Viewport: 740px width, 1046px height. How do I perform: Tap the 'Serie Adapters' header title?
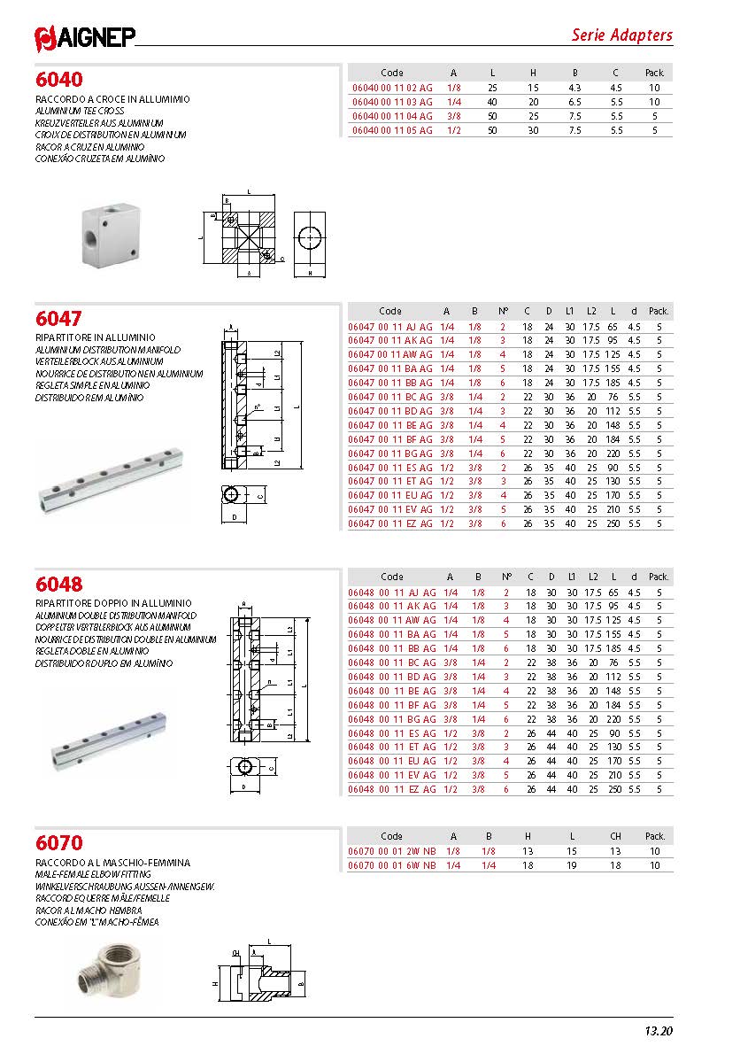(x=621, y=35)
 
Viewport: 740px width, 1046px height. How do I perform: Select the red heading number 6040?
(x=59, y=80)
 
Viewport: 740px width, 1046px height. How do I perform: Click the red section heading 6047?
(x=59, y=318)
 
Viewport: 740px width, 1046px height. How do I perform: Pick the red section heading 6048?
(x=59, y=584)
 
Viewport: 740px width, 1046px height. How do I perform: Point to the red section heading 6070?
(x=59, y=843)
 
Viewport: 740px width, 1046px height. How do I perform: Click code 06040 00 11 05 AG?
(x=392, y=129)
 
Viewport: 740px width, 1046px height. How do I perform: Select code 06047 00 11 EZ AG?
(x=391, y=523)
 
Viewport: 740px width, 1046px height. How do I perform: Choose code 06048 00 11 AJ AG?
(x=391, y=592)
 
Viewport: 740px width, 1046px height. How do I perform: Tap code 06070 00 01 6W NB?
(x=391, y=865)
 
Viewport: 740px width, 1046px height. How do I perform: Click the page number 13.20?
(x=659, y=1031)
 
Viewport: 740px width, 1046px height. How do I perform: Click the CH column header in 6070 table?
(x=616, y=836)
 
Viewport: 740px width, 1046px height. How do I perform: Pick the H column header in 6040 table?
(x=533, y=73)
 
